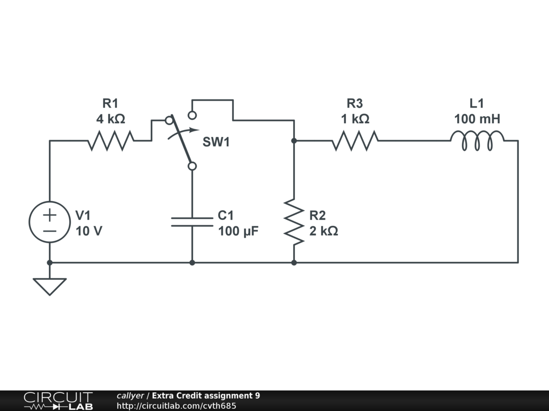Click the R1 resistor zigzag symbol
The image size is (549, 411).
(x=110, y=141)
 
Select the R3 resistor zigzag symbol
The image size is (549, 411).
(x=355, y=141)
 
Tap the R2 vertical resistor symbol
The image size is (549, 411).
(x=294, y=222)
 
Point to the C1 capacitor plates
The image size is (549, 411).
(x=192, y=222)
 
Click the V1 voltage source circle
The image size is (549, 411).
(x=50, y=222)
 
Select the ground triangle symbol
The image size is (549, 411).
(x=50, y=287)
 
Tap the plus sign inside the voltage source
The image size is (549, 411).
(x=50, y=215)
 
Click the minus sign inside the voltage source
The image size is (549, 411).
(x=50, y=231)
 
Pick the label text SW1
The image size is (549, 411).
(x=216, y=142)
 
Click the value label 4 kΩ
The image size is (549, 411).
(x=110, y=119)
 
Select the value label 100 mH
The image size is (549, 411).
(x=477, y=119)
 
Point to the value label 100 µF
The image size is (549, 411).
(x=239, y=231)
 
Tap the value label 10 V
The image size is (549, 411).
(x=89, y=231)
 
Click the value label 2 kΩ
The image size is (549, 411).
(x=323, y=231)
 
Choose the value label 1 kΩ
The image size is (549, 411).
(x=355, y=119)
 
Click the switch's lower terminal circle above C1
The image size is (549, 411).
(x=192, y=166)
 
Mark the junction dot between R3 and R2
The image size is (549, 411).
(x=294, y=141)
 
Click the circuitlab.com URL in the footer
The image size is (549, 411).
(x=176, y=406)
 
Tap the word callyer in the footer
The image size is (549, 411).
(x=130, y=395)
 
